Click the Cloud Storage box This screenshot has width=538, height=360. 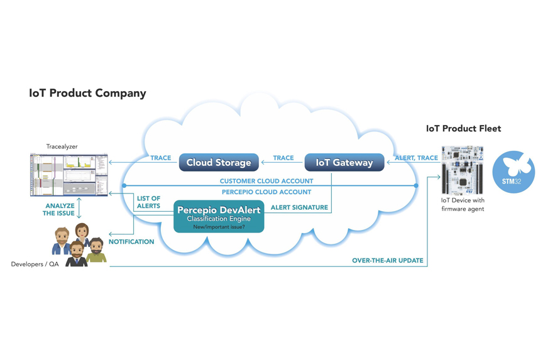pyautogui.click(x=219, y=163)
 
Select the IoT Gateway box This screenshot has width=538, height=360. pyautogui.click(x=344, y=163)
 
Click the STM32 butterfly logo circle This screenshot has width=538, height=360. pyautogui.click(x=513, y=172)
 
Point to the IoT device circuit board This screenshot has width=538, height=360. pyautogui.click(x=462, y=170)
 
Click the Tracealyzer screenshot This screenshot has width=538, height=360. pyautogui.click(x=69, y=174)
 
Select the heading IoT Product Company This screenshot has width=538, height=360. pyautogui.click(x=87, y=94)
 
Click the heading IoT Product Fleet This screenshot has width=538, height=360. pyautogui.click(x=463, y=129)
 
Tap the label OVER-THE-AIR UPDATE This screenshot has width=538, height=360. pyautogui.click(x=387, y=261)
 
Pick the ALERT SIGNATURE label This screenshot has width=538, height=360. pyautogui.click(x=299, y=207)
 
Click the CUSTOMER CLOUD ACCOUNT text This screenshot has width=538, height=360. pyautogui.click(x=266, y=182)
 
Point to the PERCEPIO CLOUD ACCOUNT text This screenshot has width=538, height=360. pyautogui.click(x=266, y=192)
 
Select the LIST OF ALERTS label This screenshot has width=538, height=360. pyautogui.click(x=148, y=202)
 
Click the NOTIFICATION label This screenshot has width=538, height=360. pyautogui.click(x=131, y=242)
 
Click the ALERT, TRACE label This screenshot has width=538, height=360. pyautogui.click(x=416, y=158)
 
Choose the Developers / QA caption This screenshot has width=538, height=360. pyautogui.click(x=35, y=265)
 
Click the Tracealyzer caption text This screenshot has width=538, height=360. pyautogui.click(x=62, y=146)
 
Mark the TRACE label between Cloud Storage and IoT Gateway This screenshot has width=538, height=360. pyautogui.click(x=283, y=158)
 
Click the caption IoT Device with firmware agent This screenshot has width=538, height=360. pyautogui.click(x=463, y=205)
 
